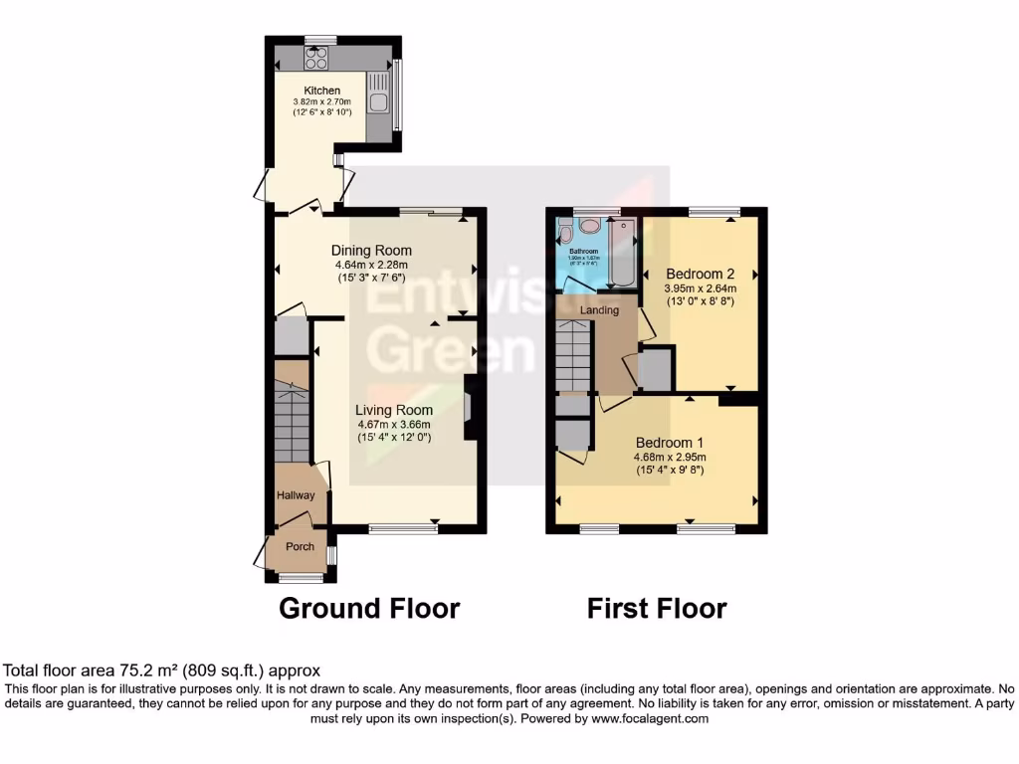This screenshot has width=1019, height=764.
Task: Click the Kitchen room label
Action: pos(321,91)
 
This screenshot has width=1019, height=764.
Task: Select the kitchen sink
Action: pos(378,99)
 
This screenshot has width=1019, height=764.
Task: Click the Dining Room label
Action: pos(371,250)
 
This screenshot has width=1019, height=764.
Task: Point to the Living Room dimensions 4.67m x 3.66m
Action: pos(395,424)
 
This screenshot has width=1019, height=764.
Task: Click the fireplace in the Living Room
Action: pos(470,409)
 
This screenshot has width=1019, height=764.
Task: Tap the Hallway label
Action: pos(296,495)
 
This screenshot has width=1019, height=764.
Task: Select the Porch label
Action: pos(300,546)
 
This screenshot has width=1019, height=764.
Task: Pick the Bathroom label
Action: pos(583,252)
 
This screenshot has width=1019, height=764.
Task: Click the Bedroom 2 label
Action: pos(700,274)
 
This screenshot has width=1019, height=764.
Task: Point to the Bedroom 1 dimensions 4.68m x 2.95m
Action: pos(670,458)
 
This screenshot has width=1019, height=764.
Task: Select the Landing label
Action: pos(600,310)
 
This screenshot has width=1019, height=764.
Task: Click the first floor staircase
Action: pos(574,358)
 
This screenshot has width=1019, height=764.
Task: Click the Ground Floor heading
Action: pos(369,608)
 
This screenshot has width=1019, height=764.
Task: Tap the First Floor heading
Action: pos(657,608)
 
